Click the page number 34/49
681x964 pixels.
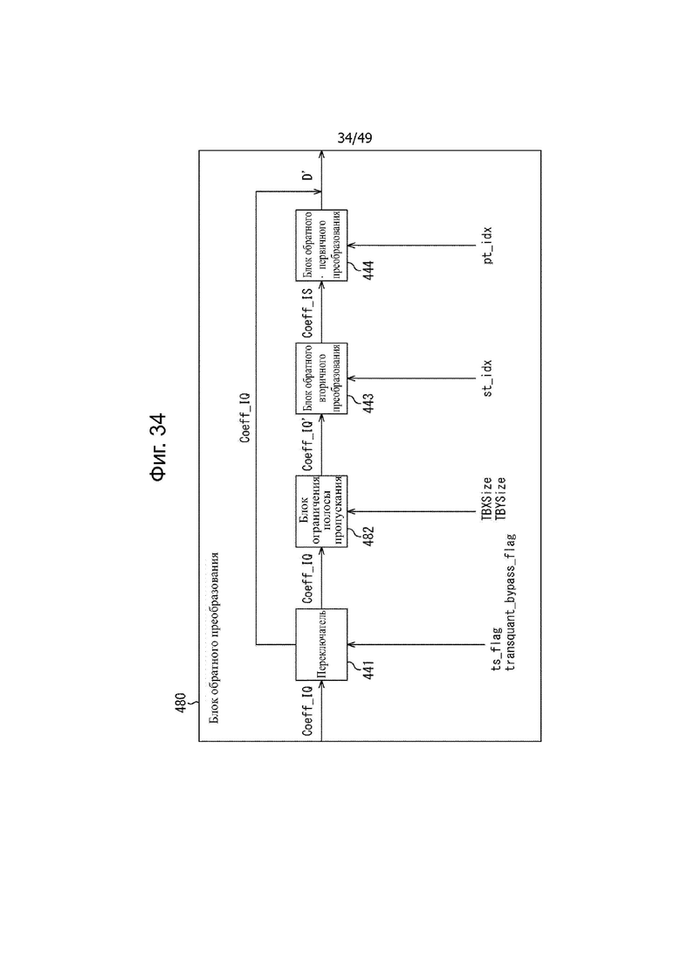tap(354, 138)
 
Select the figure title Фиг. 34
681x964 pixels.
tap(158, 447)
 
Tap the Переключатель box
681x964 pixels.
tap(321, 644)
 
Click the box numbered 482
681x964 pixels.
tap(321, 511)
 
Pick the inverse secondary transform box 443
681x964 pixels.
tap(321, 378)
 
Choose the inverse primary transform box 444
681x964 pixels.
tap(321, 246)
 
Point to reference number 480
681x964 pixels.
tap(180, 703)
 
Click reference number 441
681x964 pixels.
tap(368, 669)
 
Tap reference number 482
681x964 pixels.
tap(368, 536)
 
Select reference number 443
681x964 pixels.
tap(368, 403)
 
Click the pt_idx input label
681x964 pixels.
tap(487, 246)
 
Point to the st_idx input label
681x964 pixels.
tap(487, 378)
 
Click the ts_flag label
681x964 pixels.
tap(497, 648)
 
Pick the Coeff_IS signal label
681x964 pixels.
tap(307, 313)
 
